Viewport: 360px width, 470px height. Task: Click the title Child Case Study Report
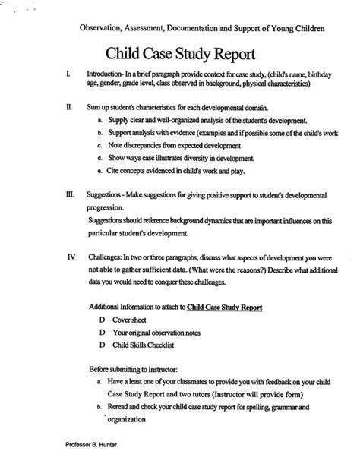click(180, 55)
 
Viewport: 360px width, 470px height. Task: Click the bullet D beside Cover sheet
click(102, 322)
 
